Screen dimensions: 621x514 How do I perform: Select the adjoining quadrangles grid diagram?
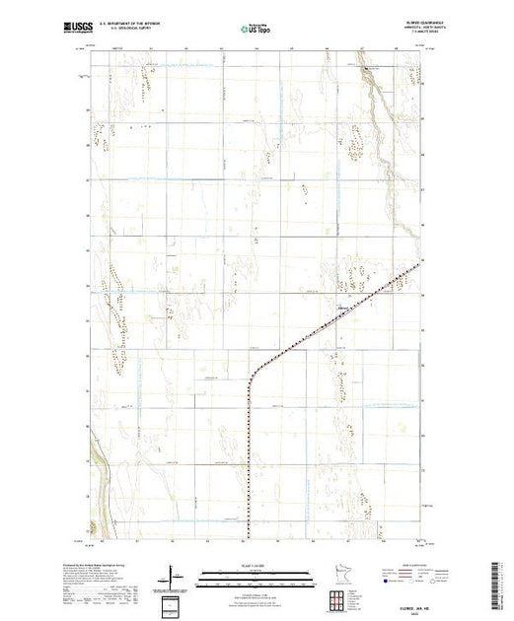338,599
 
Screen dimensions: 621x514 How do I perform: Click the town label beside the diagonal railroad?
344,307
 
